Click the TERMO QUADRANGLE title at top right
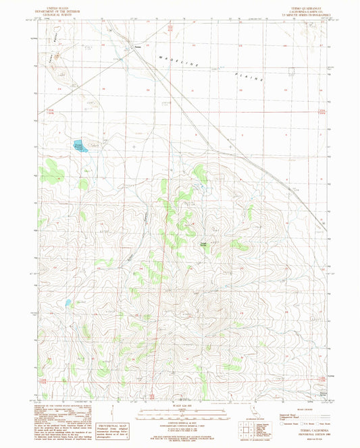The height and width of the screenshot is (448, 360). point(298,5)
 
